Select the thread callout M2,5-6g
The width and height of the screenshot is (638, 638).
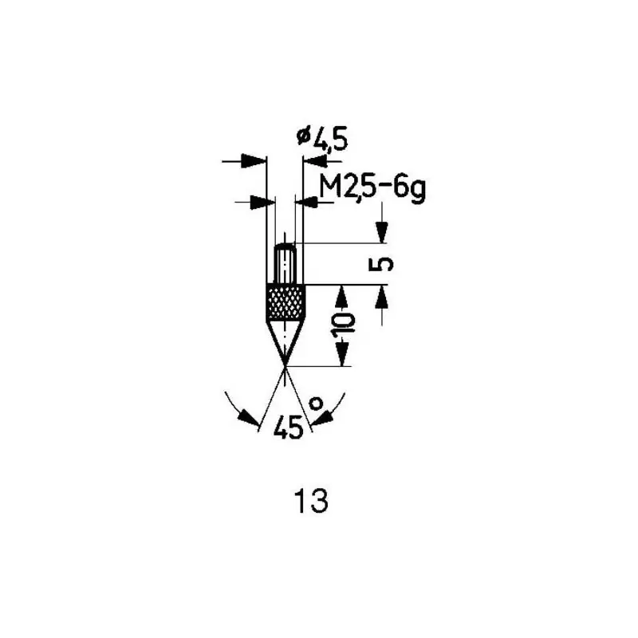point(372,189)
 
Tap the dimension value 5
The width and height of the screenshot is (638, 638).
point(381,264)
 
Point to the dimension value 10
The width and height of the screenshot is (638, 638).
point(344,326)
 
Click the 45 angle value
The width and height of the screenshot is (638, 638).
point(289,427)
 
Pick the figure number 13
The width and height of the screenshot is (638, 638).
point(311,501)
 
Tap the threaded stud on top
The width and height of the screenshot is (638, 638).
point(286,264)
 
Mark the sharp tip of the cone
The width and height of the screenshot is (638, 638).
point(286,366)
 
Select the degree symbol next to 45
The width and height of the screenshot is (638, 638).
point(316,404)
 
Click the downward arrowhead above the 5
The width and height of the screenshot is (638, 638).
point(382,232)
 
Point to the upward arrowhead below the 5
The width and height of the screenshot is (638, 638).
point(382,297)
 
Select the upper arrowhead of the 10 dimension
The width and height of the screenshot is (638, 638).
point(343,297)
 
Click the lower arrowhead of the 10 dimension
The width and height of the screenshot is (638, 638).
point(343,354)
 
